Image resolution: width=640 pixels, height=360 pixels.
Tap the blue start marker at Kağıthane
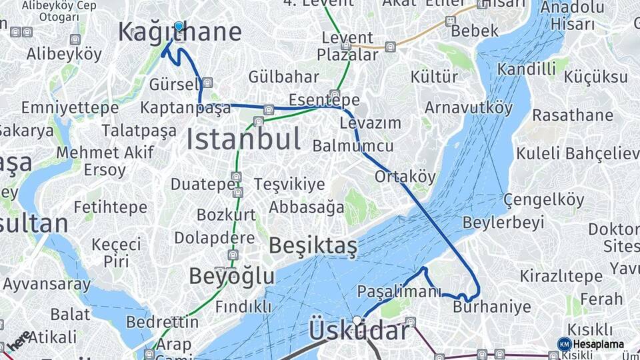pos(179,27)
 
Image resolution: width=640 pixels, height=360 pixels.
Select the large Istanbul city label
pos(243,139)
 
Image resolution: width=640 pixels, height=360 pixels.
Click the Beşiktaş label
pos(313,246)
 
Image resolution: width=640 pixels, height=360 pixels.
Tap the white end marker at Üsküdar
pos(358,321)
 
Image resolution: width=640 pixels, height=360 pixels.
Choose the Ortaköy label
pos(405,177)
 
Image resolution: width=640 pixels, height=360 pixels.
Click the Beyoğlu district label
pos(231,275)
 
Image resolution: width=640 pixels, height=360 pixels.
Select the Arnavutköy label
pos(469,107)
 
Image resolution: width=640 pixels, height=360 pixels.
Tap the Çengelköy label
pos(543,199)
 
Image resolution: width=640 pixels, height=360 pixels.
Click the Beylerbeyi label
pos(503,222)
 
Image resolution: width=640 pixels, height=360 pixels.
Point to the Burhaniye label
pos(492,307)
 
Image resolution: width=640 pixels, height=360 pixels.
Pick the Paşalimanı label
pos(399,292)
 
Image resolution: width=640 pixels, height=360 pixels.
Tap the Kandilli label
pos(527,69)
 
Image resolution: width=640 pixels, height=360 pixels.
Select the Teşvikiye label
pos(289,184)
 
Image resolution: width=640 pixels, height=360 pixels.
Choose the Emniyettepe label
pos(61,107)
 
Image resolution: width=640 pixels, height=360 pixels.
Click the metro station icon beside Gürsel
pos(207,83)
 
